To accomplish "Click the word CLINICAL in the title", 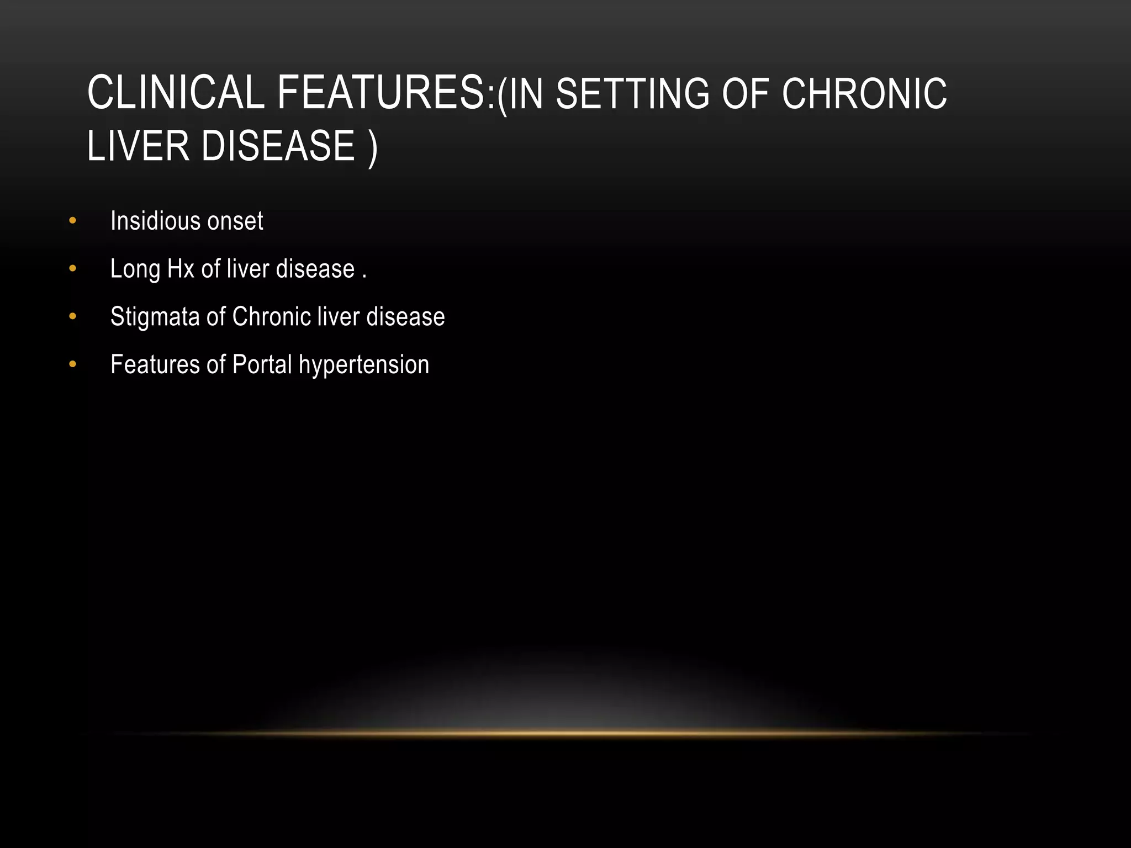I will [x=176, y=93].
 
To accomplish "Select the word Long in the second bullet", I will [x=135, y=269].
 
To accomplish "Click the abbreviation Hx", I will [x=181, y=269].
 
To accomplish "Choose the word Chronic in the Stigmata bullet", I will [x=272, y=317].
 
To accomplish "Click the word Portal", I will [x=262, y=364].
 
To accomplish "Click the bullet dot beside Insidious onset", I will [x=72, y=221].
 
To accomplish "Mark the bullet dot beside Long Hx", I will [x=72, y=269].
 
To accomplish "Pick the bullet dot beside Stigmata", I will [x=72, y=317].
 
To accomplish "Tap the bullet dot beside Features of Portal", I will [x=72, y=364].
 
